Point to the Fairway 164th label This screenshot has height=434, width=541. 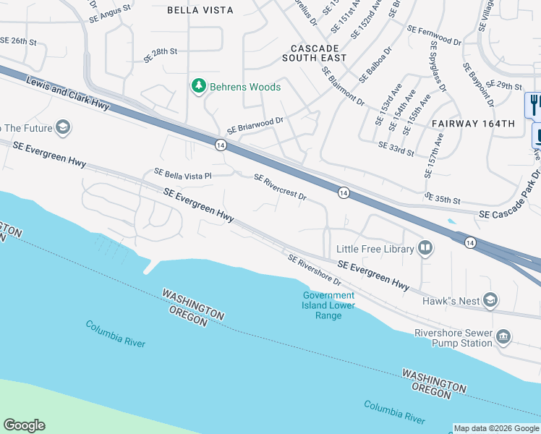[x=473, y=124]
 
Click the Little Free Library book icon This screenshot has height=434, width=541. [x=425, y=250]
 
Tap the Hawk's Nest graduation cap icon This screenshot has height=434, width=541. [x=491, y=300]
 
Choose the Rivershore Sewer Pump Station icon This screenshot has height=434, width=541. [x=503, y=337]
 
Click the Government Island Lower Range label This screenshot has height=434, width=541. [x=328, y=305]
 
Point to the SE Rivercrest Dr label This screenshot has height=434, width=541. [x=281, y=187]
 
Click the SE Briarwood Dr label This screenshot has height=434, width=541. [x=255, y=125]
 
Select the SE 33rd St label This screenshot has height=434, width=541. [x=396, y=148]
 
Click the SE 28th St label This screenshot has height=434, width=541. [x=161, y=55]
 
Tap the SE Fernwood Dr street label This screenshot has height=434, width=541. [x=434, y=35]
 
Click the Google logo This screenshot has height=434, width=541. [x=24, y=425]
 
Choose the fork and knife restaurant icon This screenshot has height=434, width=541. [x=534, y=104]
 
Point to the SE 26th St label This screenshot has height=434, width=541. [x=18, y=41]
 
